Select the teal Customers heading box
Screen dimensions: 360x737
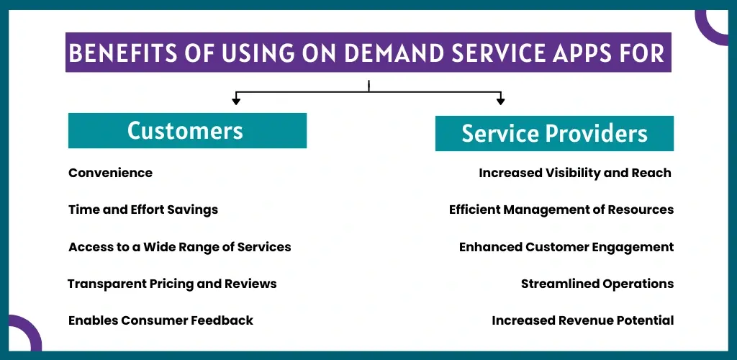click(x=187, y=130)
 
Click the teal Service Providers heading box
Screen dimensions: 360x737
click(x=554, y=133)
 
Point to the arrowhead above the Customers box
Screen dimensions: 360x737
click(x=236, y=101)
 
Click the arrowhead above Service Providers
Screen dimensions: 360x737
click(x=500, y=101)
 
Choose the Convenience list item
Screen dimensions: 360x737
click(x=110, y=173)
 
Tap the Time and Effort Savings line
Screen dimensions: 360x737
click(x=143, y=210)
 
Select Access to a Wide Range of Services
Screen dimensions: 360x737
click(x=180, y=247)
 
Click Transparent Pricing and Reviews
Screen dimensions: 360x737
click(x=172, y=284)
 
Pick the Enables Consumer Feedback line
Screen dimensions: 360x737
click(x=160, y=320)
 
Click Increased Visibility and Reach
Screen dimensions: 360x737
click(x=575, y=173)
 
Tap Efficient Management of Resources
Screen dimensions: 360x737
click(x=561, y=210)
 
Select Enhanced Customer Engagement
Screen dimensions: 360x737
click(x=566, y=247)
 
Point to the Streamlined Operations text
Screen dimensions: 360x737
click(x=597, y=284)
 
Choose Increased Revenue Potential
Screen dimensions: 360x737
click(x=583, y=320)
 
